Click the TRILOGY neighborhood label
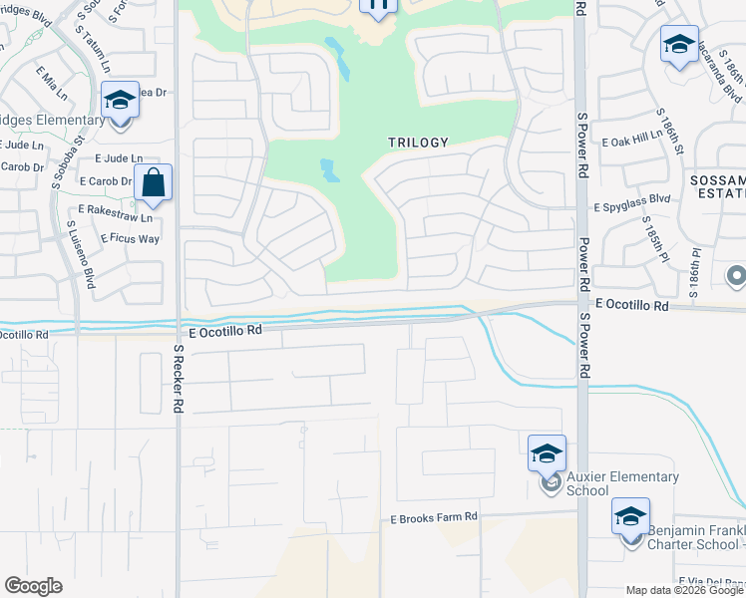(418, 143)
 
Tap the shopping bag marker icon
(153, 183)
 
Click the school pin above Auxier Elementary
(547, 453)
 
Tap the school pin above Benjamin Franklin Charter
(630, 516)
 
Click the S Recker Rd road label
(179, 380)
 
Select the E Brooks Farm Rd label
(434, 518)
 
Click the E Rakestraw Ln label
(116, 217)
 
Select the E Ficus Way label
(130, 239)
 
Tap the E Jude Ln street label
(119, 158)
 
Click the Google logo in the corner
(33, 586)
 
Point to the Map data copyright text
(685, 590)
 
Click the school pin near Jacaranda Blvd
(678, 45)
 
